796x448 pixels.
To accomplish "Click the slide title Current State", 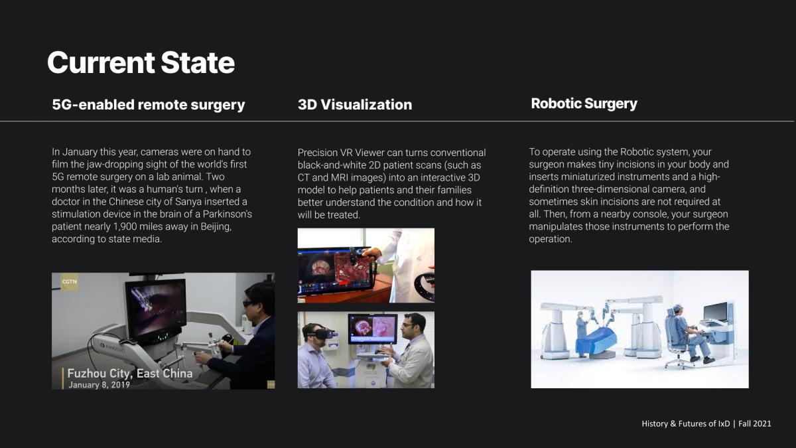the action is (141, 62).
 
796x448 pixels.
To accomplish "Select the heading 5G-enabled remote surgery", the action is (149, 105).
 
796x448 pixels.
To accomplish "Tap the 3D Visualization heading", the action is (355, 105).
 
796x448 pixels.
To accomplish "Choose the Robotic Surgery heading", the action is (584, 104).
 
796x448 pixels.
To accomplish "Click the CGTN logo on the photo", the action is (69, 281).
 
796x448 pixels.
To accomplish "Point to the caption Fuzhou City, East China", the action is (130, 373).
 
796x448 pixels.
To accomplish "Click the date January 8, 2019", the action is (99, 385).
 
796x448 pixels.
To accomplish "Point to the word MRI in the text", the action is (340, 177).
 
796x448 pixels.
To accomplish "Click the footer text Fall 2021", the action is (754, 424).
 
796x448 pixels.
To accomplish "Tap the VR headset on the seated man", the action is (320, 333).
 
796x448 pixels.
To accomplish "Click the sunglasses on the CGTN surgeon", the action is (248, 304).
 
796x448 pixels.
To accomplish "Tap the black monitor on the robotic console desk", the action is (715, 312).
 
